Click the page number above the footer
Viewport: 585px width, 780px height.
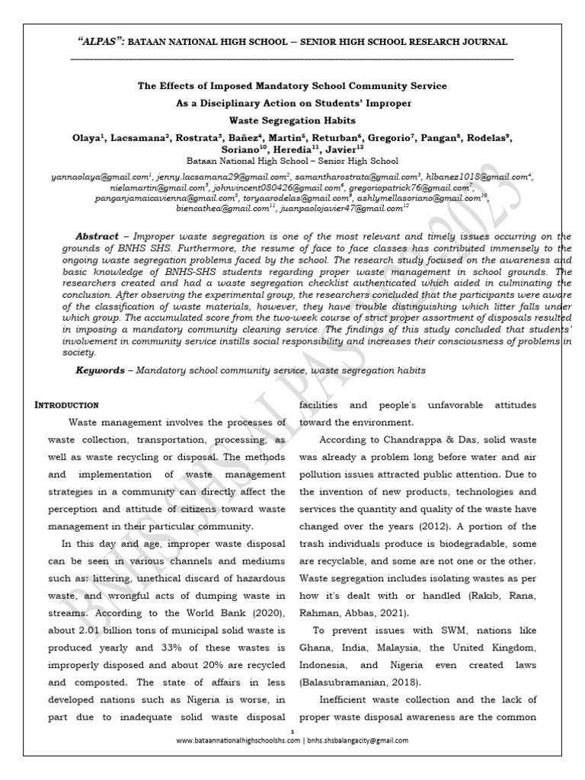[292, 730]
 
